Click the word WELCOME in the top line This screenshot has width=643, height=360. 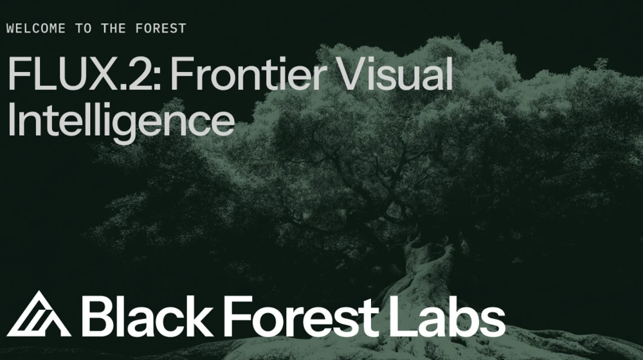pyautogui.click(x=32, y=28)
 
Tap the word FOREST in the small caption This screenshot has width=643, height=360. pyautogui.click(x=163, y=28)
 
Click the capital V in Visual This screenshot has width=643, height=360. pyautogui.click(x=354, y=75)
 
